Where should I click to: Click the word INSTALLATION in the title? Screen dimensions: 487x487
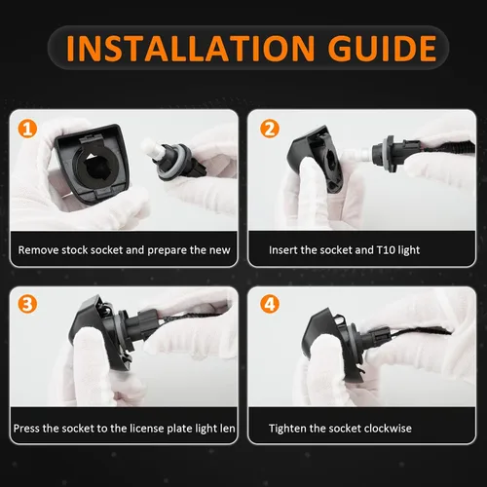point(190,48)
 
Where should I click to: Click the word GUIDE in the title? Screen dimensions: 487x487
point(382,48)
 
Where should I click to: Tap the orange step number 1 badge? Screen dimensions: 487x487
point(27,129)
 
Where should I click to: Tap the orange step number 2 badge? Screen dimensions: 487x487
point(270,129)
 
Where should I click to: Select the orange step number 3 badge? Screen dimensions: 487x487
point(27,304)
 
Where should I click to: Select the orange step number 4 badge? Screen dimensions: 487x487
point(270,304)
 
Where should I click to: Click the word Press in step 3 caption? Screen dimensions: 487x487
point(26,429)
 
